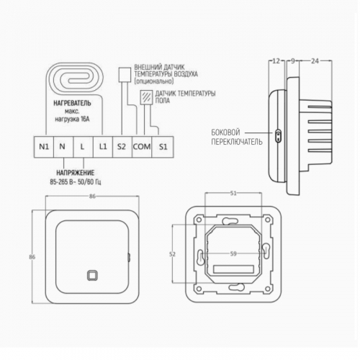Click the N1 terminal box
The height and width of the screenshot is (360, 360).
[x=44, y=147]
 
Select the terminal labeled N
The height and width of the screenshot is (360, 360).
[x=63, y=147]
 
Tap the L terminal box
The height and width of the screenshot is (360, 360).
[x=83, y=147]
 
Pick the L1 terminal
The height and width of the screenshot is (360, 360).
[x=103, y=147]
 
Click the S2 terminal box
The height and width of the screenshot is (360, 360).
[x=122, y=147]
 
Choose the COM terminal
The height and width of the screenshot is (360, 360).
[x=142, y=147]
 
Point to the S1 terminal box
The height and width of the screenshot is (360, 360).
[x=163, y=147]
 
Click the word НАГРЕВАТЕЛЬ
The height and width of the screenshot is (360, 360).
[x=72, y=103]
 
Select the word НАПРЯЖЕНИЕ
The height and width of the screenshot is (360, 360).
[x=76, y=173]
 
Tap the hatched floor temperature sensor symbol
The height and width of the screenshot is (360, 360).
[x=146, y=97]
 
